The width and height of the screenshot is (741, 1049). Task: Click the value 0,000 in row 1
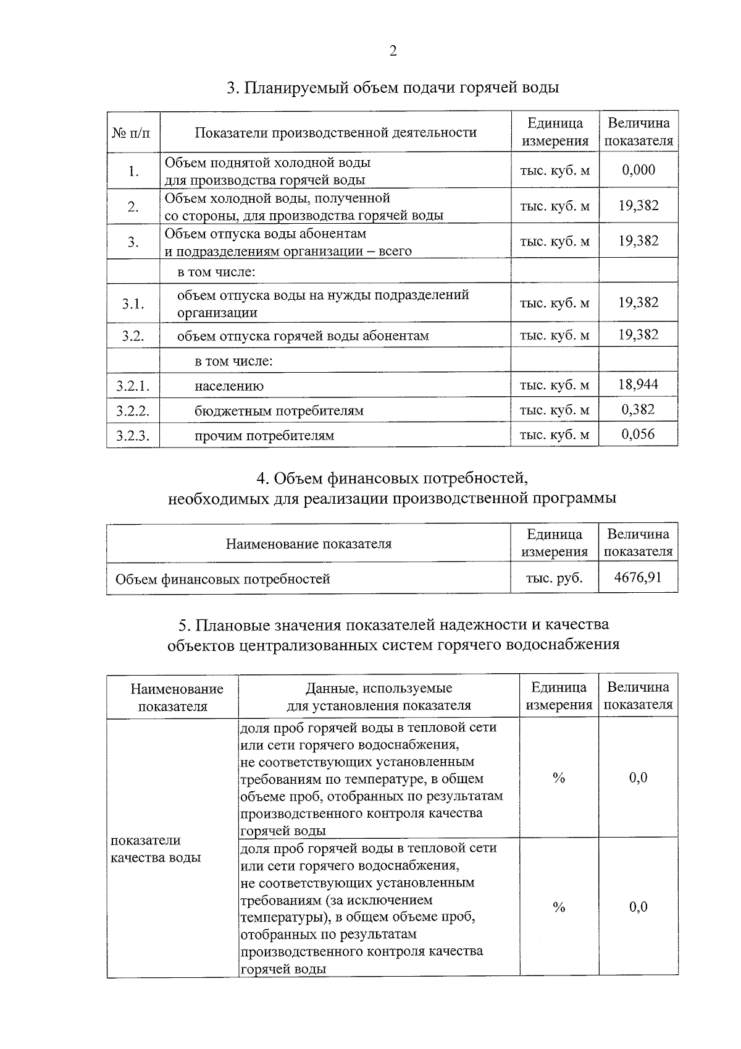click(638, 170)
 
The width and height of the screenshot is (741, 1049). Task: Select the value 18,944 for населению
click(638, 384)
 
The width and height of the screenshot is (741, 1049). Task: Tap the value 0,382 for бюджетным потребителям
click(638, 409)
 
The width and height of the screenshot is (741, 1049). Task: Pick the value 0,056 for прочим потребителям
click(638, 434)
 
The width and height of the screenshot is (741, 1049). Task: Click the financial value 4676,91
click(638, 577)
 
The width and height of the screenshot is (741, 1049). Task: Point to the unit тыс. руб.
click(554, 578)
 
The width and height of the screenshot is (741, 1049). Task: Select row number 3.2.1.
click(133, 386)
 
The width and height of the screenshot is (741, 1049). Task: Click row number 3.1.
click(133, 304)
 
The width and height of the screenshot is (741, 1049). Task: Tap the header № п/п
click(133, 132)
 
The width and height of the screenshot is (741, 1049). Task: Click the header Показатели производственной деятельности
click(336, 132)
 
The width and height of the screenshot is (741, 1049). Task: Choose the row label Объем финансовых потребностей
click(223, 579)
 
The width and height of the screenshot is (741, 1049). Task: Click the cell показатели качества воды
click(156, 849)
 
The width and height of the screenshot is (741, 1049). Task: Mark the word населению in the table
click(229, 386)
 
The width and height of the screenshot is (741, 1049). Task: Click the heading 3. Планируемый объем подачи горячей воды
click(393, 88)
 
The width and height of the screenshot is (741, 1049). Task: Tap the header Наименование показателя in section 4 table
click(308, 544)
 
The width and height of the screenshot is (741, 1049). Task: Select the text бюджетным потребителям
click(279, 411)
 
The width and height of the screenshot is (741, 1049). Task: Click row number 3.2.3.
click(133, 436)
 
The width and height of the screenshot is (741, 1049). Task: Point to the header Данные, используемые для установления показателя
click(379, 697)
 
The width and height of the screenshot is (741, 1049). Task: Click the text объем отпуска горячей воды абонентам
click(303, 336)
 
